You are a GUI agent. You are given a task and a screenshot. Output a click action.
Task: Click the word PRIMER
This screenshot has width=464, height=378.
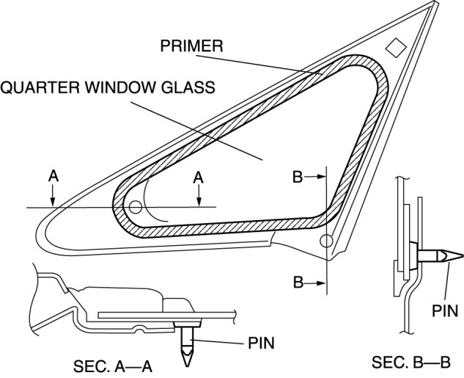point(191,46)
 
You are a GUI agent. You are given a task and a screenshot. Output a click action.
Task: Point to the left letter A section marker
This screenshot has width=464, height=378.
point(53,176)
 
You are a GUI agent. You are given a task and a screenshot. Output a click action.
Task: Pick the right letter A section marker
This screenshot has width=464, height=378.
point(199,176)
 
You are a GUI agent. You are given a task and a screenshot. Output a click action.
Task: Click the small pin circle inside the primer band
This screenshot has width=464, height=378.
point(135,208)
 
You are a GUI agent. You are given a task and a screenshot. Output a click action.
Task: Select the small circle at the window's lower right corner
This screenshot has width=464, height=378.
point(327,240)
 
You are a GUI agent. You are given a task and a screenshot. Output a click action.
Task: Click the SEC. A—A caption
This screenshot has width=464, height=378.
point(114,365)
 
